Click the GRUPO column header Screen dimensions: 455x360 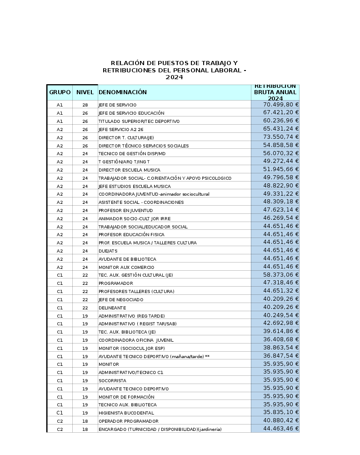click(x=60, y=92)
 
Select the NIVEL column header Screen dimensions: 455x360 click(x=85, y=92)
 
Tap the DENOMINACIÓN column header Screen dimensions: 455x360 click(x=123, y=92)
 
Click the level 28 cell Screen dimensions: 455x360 click(x=85, y=105)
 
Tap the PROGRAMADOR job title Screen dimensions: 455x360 click(x=116, y=283)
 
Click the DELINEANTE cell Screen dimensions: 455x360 click(x=112, y=308)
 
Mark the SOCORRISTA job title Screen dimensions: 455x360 click(x=112, y=380)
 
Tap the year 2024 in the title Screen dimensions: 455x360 click(x=174, y=77)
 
